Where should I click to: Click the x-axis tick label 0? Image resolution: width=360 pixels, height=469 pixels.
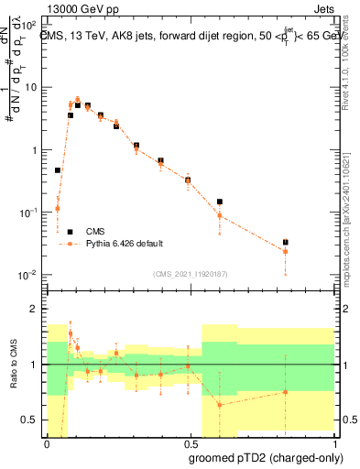pos(47,442)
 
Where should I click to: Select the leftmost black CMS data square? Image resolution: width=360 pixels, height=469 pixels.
pos(57,170)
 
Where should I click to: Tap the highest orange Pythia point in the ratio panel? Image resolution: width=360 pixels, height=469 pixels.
pos(71,333)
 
